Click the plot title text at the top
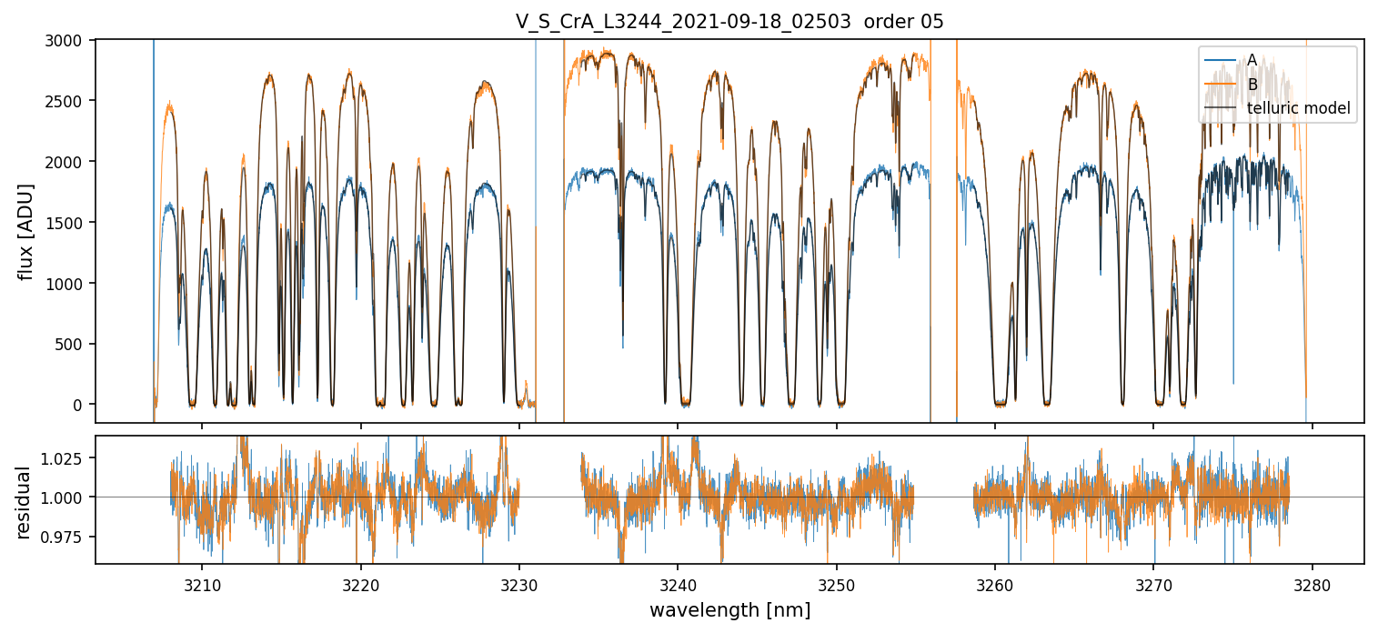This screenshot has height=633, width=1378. tap(729, 22)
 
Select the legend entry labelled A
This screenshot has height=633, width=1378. tap(1252, 60)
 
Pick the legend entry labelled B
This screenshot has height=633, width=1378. tap(1252, 85)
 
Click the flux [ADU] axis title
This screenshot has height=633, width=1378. tap(26, 231)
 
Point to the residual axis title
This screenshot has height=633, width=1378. tap(23, 502)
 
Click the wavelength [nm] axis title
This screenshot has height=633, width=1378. tap(729, 609)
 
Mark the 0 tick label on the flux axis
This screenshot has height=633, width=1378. tap(77, 405)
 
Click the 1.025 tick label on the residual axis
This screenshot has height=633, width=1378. tap(64, 458)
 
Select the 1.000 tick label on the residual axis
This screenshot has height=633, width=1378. tap(64, 497)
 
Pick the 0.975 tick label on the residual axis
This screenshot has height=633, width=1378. tap(64, 537)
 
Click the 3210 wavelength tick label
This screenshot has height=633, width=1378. tap(202, 582)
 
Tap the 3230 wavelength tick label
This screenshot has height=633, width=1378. tap(519, 582)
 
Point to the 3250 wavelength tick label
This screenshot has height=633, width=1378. tap(836, 582)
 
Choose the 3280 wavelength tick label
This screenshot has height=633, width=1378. tap(1312, 582)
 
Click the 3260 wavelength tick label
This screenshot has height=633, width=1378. tap(995, 582)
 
